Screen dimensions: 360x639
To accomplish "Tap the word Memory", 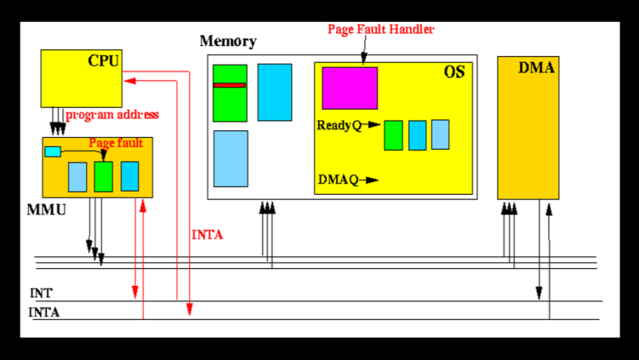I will (227, 42).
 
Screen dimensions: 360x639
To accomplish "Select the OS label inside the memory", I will (454, 72).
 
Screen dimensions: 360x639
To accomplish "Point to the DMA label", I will (537, 68).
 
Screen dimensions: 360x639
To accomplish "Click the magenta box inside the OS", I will (349, 89).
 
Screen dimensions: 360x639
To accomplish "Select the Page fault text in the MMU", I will (116, 143).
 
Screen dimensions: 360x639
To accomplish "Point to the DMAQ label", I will (338, 180).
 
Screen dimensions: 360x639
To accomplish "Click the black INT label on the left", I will (41, 293).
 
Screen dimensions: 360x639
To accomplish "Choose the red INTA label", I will (208, 235).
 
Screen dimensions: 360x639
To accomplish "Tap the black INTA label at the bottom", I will (44, 312).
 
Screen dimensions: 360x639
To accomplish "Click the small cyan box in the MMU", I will (53, 151).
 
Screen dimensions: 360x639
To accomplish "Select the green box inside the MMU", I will (103, 176).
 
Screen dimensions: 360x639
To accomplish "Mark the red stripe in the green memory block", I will (230, 85).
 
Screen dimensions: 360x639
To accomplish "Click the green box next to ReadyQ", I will (393, 135).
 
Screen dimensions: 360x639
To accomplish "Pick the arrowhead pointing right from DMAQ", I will (374, 180).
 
